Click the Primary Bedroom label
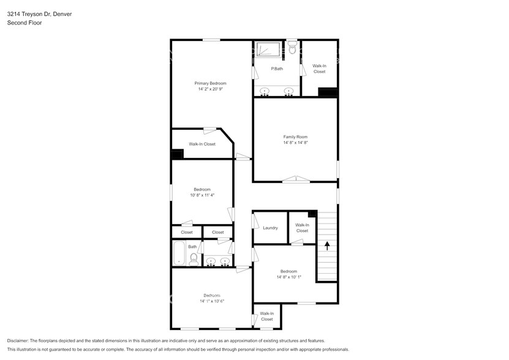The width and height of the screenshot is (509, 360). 210,83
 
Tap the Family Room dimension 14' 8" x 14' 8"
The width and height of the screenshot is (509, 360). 295,143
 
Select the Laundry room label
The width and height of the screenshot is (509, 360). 270,228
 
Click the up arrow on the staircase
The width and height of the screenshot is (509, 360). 327,246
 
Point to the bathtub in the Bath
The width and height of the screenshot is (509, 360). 179,253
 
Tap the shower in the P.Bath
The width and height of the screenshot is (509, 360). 268,49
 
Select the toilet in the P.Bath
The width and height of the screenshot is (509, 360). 292,47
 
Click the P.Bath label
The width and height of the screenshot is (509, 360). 277,69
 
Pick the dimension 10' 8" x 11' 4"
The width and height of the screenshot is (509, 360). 202,195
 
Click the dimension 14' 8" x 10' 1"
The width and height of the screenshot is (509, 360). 288,277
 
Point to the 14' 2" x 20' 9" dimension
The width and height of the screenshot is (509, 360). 210,89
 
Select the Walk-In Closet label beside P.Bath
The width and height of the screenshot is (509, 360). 319,69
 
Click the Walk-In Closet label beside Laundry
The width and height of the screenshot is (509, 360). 302,228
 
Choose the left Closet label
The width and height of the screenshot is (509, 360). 186,232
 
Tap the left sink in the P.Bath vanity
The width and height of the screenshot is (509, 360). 265,91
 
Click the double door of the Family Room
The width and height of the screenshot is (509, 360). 296,179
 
